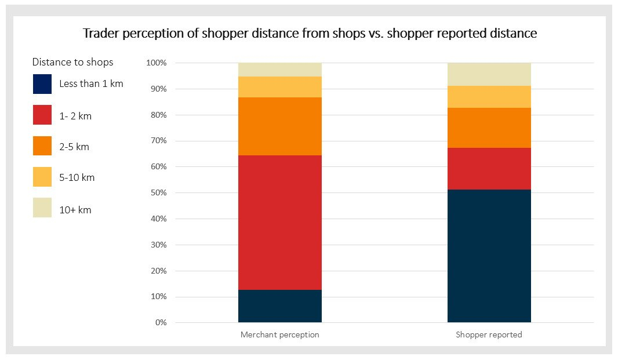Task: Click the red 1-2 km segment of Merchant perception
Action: (279, 223)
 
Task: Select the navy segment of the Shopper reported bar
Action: (489, 256)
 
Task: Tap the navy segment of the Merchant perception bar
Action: (279, 306)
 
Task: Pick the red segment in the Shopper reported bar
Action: (489, 169)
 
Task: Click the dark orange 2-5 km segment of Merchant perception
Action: (279, 126)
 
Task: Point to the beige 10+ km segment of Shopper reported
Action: (489, 74)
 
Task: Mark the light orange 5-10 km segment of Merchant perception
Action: (279, 87)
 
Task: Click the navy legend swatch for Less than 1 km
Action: (42, 84)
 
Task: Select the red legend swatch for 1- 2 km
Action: (42, 116)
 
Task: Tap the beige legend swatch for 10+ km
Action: (42, 208)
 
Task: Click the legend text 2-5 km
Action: (74, 147)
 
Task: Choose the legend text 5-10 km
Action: (77, 177)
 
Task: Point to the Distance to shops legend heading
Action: (72, 62)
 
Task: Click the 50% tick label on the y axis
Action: (158, 193)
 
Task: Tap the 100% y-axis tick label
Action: (157, 63)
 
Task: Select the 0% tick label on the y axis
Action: (161, 323)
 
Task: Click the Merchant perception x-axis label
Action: (279, 335)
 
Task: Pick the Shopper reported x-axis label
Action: (489, 335)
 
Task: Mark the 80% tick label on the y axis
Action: (158, 115)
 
